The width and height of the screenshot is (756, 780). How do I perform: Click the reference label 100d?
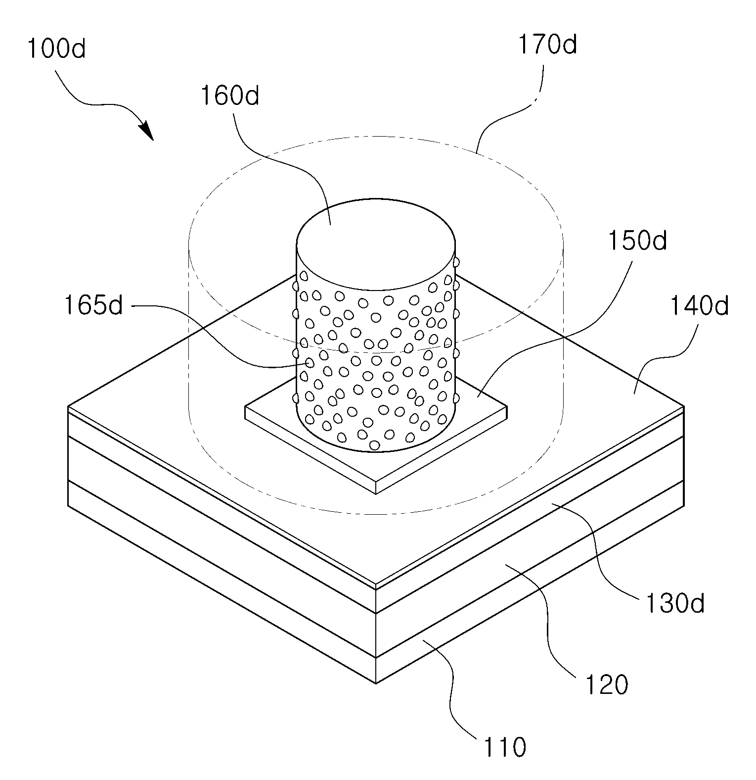[56, 49]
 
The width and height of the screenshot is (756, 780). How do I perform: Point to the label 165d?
[93, 306]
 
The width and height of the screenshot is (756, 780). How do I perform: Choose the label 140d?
[699, 306]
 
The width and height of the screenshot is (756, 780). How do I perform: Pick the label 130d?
[674, 603]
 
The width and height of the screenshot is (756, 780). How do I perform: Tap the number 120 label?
[606, 685]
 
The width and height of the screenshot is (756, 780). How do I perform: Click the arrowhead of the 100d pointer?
[147, 132]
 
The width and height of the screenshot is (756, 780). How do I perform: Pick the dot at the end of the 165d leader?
[310, 363]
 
